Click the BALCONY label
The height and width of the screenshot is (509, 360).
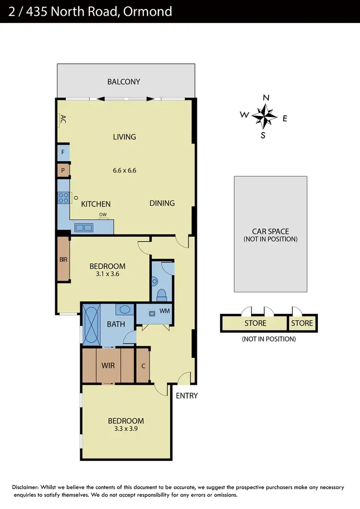tap(124, 82)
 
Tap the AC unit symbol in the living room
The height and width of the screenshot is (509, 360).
tap(62, 119)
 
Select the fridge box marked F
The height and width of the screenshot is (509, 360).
tap(63, 154)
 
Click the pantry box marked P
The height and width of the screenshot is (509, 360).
tap(63, 170)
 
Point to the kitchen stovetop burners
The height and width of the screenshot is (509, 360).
tap(63, 197)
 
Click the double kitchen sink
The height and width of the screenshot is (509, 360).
tap(83, 228)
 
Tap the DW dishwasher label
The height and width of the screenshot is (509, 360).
tap(103, 214)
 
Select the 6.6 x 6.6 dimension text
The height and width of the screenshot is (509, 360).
tap(125, 170)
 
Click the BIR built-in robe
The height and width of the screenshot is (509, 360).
tap(63, 260)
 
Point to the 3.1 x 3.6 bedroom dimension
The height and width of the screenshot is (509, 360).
tap(108, 275)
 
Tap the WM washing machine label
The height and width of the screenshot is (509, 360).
tap(164, 311)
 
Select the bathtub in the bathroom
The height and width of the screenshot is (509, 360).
tap(91, 325)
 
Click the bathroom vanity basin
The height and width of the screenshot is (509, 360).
tap(125, 309)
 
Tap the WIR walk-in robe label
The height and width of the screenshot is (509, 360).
tap(108, 366)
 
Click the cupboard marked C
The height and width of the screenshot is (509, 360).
tap(143, 366)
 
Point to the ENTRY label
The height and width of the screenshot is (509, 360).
tap(187, 396)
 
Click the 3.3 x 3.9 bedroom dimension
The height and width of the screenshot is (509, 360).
tap(126, 429)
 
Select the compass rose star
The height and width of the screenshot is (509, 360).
tap(264, 116)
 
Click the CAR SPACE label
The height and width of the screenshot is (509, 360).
tap(270, 231)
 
